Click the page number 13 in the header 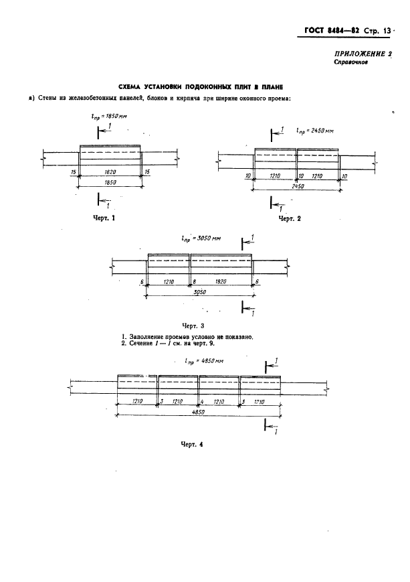pos(387,31)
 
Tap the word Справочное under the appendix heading pos(350,62)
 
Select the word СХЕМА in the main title pos(129,87)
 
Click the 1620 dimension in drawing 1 pos(110,172)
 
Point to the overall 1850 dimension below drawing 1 pos(110,182)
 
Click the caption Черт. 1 pos(104,218)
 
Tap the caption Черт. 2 pos(290,218)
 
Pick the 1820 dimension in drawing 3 pos(220,282)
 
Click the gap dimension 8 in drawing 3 pos(194,282)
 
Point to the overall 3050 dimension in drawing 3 pos(199,292)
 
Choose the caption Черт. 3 pos(193,326)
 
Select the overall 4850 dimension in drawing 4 pos(199,412)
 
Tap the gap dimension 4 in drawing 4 pos(202,402)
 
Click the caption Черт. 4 pos(192,444)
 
